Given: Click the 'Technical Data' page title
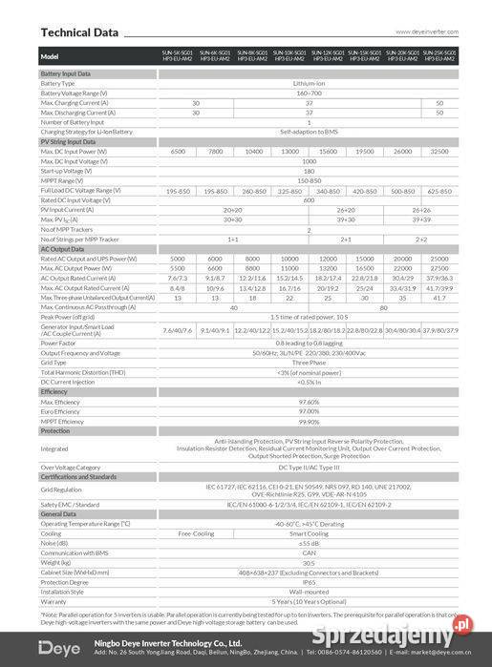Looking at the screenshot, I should (79, 32).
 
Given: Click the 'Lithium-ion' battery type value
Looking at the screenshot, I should (308, 84).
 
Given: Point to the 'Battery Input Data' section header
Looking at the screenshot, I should (66, 73).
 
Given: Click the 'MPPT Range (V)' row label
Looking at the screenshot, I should (60, 181).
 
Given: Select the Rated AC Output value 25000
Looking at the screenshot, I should (439, 260).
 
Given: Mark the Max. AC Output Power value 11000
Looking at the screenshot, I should (290, 269).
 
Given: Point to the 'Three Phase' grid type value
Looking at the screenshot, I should (308, 363).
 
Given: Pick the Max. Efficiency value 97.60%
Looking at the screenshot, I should (308, 403).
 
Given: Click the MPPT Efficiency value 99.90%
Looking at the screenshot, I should (308, 422).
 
